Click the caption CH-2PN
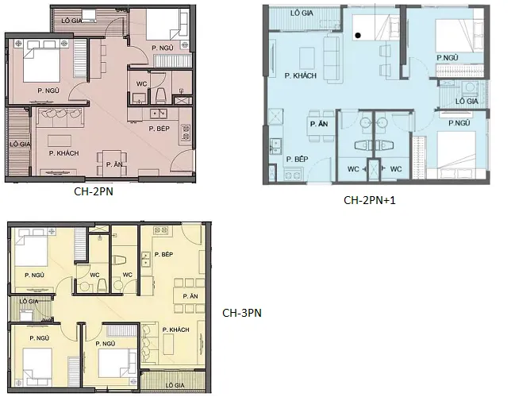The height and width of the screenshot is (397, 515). (x=94, y=191)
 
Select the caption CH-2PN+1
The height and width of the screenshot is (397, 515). (x=370, y=200)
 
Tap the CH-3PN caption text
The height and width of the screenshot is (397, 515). (x=242, y=313)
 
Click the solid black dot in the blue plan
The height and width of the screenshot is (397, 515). (x=358, y=35)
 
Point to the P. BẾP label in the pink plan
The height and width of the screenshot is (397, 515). (x=159, y=129)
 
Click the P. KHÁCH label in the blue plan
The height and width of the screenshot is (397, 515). (x=301, y=75)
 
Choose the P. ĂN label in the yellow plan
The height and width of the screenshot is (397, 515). (x=190, y=296)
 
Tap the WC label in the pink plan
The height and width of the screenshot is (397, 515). (x=141, y=84)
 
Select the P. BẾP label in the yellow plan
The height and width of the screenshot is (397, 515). (x=163, y=254)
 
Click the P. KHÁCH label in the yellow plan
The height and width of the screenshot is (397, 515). (x=175, y=330)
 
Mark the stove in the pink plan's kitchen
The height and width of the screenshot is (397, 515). (x=186, y=132)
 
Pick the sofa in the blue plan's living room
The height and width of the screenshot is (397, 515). (x=331, y=60)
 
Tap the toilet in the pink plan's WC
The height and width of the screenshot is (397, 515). (x=160, y=95)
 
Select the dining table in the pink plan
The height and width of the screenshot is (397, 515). (x=112, y=162)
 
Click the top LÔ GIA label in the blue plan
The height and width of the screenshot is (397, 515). (x=302, y=13)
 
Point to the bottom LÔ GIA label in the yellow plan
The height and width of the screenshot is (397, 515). (x=175, y=385)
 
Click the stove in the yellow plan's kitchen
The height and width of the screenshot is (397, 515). (x=161, y=230)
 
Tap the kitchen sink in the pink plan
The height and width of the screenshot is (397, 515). (x=159, y=114)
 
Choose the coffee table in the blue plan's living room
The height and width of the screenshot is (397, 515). (x=307, y=56)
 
